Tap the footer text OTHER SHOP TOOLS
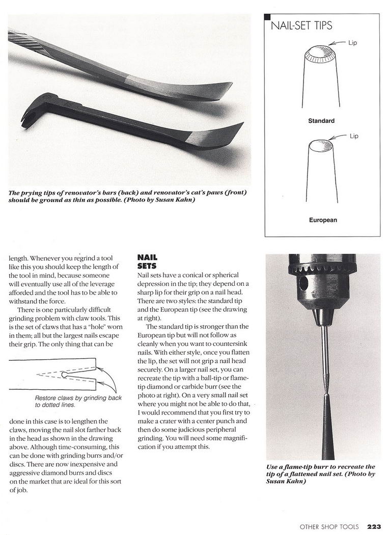coord(328,526)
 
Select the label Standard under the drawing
coord(321,121)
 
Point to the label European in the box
coord(322,220)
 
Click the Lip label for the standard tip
coord(352,43)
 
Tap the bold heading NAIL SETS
coord(147,262)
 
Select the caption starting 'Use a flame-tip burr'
coord(320,473)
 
